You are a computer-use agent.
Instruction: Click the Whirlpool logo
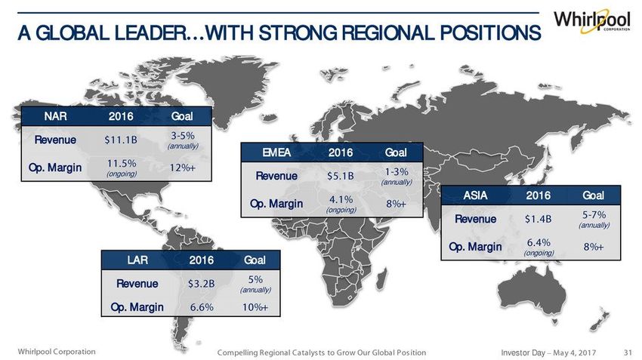592,20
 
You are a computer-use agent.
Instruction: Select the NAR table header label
55,116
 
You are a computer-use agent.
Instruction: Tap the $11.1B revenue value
121,140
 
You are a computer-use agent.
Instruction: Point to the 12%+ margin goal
183,168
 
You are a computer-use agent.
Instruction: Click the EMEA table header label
276,152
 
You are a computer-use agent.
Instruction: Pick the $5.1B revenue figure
340,176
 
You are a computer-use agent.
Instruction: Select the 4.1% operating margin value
341,199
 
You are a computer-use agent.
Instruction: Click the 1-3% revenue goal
397,172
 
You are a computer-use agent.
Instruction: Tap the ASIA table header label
475,195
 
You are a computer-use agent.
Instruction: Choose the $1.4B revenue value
538,220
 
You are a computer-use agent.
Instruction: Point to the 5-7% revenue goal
594,215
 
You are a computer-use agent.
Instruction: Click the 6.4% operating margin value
539,242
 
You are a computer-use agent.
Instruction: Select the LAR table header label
137,260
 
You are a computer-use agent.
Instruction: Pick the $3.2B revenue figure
201,284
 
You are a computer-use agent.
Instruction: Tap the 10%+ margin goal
255,307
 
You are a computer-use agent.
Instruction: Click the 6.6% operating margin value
202,307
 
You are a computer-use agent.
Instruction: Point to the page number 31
628,352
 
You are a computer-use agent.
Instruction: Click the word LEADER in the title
149,33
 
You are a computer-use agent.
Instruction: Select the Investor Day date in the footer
548,352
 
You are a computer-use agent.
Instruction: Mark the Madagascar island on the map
381,278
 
